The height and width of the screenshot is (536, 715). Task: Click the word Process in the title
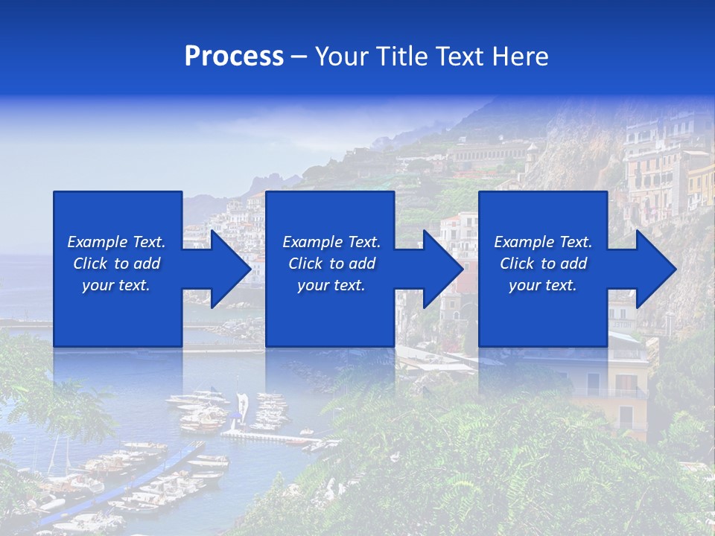234,57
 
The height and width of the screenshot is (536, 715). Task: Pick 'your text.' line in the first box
116,285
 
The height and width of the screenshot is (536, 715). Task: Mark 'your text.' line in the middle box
331,285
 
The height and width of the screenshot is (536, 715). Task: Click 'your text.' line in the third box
543,285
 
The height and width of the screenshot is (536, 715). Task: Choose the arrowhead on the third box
655,269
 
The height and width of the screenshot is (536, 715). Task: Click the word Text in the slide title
462,57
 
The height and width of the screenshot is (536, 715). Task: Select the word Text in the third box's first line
575,242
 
